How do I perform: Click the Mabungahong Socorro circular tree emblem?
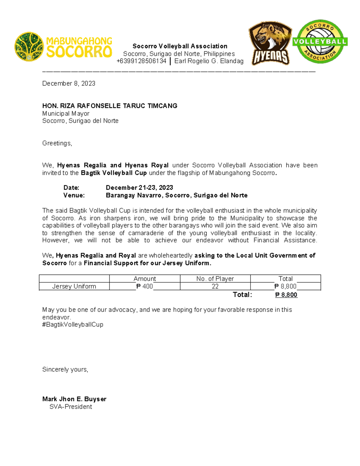point(29,47)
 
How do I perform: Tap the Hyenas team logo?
point(270,43)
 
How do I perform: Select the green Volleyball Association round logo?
point(320,42)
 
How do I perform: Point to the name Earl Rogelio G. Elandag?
point(209,61)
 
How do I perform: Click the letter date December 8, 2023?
point(69,83)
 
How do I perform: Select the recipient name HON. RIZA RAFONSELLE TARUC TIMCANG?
point(110,106)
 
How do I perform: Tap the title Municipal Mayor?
point(66,113)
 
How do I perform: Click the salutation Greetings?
point(57,143)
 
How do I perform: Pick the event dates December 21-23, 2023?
point(139,188)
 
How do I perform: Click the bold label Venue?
point(74,195)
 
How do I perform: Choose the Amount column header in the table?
point(145,279)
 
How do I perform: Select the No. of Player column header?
point(215,279)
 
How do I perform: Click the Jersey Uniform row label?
point(74,287)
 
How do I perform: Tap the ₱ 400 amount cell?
point(145,287)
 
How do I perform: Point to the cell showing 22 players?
point(215,287)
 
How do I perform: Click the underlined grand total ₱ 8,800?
point(286,295)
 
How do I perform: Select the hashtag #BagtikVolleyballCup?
point(73,325)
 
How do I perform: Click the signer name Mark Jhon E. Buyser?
point(74,399)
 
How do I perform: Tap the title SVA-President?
point(70,407)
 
